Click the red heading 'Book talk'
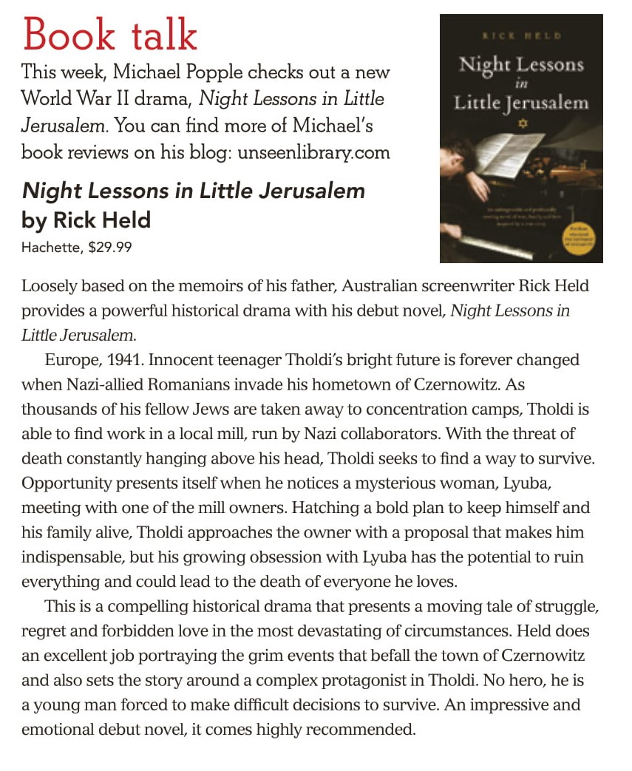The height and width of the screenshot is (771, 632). tap(110, 35)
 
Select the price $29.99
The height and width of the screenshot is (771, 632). tap(110, 248)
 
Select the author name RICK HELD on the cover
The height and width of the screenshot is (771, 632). tap(521, 35)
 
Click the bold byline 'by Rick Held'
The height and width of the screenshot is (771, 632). tap(86, 220)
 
